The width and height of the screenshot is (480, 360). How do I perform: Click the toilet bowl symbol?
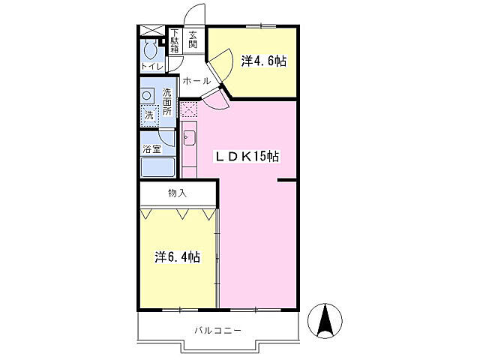(150, 49)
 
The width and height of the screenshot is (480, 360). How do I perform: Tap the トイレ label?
(152, 66)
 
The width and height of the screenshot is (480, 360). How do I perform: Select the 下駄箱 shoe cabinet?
(175, 41)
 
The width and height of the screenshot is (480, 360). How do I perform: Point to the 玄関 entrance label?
(193, 40)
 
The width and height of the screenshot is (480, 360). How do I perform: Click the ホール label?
(196, 81)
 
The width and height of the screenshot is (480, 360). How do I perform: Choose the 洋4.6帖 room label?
(264, 61)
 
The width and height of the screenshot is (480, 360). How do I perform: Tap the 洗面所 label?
(166, 102)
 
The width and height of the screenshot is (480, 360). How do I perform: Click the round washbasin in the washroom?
(147, 95)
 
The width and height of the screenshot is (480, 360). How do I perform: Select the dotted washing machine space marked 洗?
(150, 115)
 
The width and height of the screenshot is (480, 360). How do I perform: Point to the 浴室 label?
(151, 149)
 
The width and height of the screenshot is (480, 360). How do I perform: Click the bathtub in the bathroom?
(158, 167)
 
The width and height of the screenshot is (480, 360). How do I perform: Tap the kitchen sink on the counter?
(190, 138)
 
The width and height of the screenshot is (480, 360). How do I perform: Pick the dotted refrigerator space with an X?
(188, 109)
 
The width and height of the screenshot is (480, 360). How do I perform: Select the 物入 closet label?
(177, 193)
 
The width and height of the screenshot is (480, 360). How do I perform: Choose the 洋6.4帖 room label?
(178, 257)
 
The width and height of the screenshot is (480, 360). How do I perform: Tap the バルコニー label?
(218, 331)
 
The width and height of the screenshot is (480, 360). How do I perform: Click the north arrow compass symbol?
(325, 321)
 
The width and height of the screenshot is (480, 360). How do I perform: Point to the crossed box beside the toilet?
(152, 31)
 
